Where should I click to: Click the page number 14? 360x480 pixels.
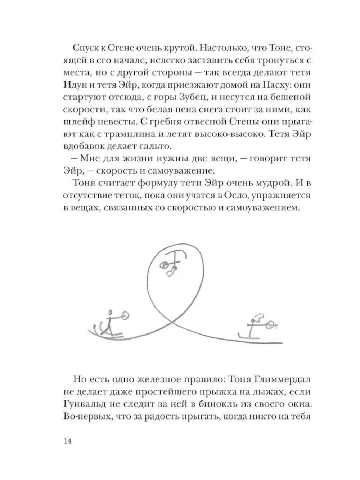pyautogui.click(x=67, y=441)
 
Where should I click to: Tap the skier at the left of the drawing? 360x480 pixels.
pyautogui.click(x=110, y=324)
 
